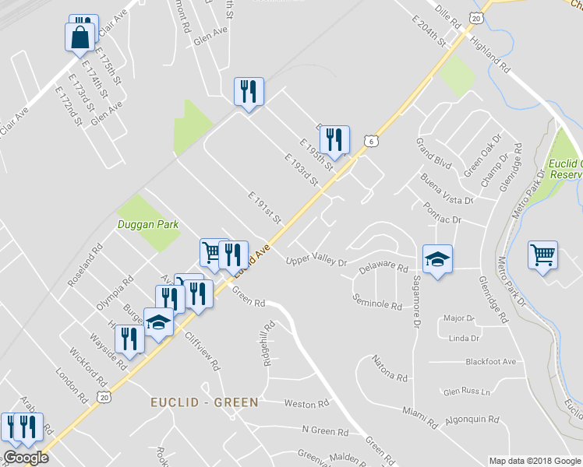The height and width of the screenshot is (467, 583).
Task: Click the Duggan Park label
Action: point(148,225)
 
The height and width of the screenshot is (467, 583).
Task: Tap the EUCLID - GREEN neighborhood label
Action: point(204,402)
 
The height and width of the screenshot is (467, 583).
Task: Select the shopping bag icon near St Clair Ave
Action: point(80,37)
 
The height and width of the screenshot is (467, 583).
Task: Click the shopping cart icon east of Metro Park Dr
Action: point(542,255)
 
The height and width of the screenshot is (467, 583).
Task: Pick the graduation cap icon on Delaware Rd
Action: point(437,259)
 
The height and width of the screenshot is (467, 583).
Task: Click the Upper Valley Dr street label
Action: point(316,261)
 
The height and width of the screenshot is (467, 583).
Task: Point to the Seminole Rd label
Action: point(377,301)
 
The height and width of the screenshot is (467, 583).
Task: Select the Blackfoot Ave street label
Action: point(490,362)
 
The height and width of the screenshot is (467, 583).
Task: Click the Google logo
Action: point(25,458)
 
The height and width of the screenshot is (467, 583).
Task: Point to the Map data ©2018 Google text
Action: point(534,461)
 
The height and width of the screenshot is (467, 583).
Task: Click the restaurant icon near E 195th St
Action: point(334,140)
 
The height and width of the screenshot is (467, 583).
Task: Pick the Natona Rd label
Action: point(390,369)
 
